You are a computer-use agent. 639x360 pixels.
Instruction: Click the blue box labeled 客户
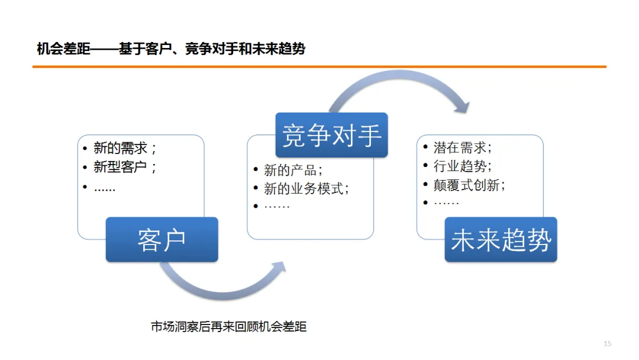[x=162, y=239]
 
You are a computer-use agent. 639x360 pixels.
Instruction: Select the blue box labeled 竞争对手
[x=331, y=135]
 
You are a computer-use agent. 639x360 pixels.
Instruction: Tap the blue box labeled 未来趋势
[x=501, y=239]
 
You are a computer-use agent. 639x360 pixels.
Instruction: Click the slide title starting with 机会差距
[x=171, y=49]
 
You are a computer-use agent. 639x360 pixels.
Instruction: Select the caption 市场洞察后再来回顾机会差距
[x=229, y=326]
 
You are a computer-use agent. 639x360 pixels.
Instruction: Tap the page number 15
[x=607, y=344]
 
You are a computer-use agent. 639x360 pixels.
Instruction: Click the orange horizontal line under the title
[x=319, y=67]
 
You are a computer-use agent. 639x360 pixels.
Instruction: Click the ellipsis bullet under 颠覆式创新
[x=447, y=202]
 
